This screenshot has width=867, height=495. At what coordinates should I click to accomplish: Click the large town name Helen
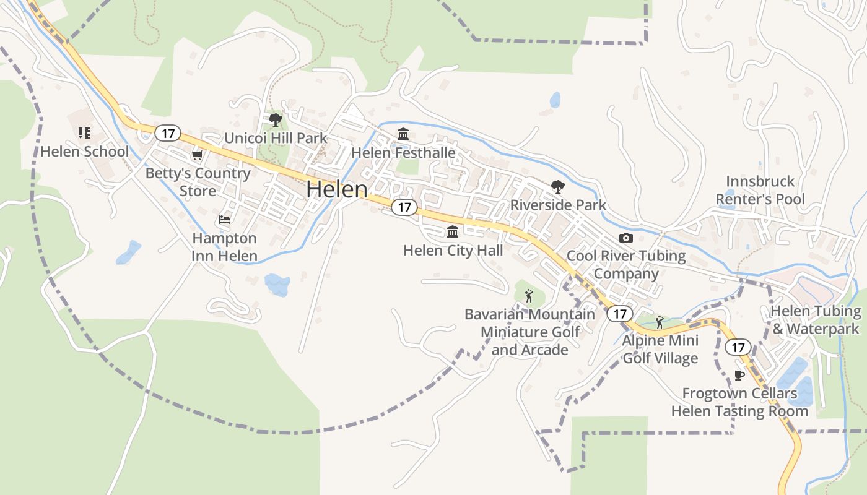(x=336, y=189)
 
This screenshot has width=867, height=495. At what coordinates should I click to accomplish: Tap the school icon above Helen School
(x=84, y=132)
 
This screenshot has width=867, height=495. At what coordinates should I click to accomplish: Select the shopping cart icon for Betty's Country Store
(x=197, y=155)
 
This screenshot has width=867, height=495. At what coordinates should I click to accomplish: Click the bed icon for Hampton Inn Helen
(x=224, y=220)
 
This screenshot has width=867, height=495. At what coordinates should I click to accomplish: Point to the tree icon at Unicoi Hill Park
(x=276, y=119)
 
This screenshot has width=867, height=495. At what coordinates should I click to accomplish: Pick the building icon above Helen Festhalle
(x=403, y=134)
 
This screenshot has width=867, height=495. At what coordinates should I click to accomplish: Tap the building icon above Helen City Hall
(x=453, y=232)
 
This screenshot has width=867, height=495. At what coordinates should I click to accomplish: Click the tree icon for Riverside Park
(x=558, y=186)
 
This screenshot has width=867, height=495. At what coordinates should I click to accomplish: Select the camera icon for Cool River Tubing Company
(x=626, y=238)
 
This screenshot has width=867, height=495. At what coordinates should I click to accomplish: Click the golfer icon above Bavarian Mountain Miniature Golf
(x=529, y=296)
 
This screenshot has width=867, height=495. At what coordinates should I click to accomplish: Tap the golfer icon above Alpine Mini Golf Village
(x=660, y=322)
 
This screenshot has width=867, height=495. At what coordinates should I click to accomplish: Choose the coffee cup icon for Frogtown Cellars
(x=739, y=375)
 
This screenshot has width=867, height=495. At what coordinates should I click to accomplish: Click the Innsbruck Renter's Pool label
(x=760, y=190)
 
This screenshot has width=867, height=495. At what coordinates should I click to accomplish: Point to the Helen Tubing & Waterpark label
(x=816, y=320)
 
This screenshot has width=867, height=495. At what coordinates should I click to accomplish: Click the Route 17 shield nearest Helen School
(x=168, y=132)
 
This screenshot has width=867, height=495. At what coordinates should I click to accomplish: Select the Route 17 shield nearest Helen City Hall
(x=404, y=207)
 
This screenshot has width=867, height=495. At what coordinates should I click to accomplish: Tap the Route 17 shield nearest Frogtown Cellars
(x=738, y=347)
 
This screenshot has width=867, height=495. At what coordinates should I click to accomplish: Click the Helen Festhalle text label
(x=403, y=153)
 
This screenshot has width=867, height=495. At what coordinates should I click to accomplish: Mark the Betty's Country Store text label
(x=198, y=182)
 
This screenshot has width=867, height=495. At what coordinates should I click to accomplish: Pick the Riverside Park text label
(x=558, y=205)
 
